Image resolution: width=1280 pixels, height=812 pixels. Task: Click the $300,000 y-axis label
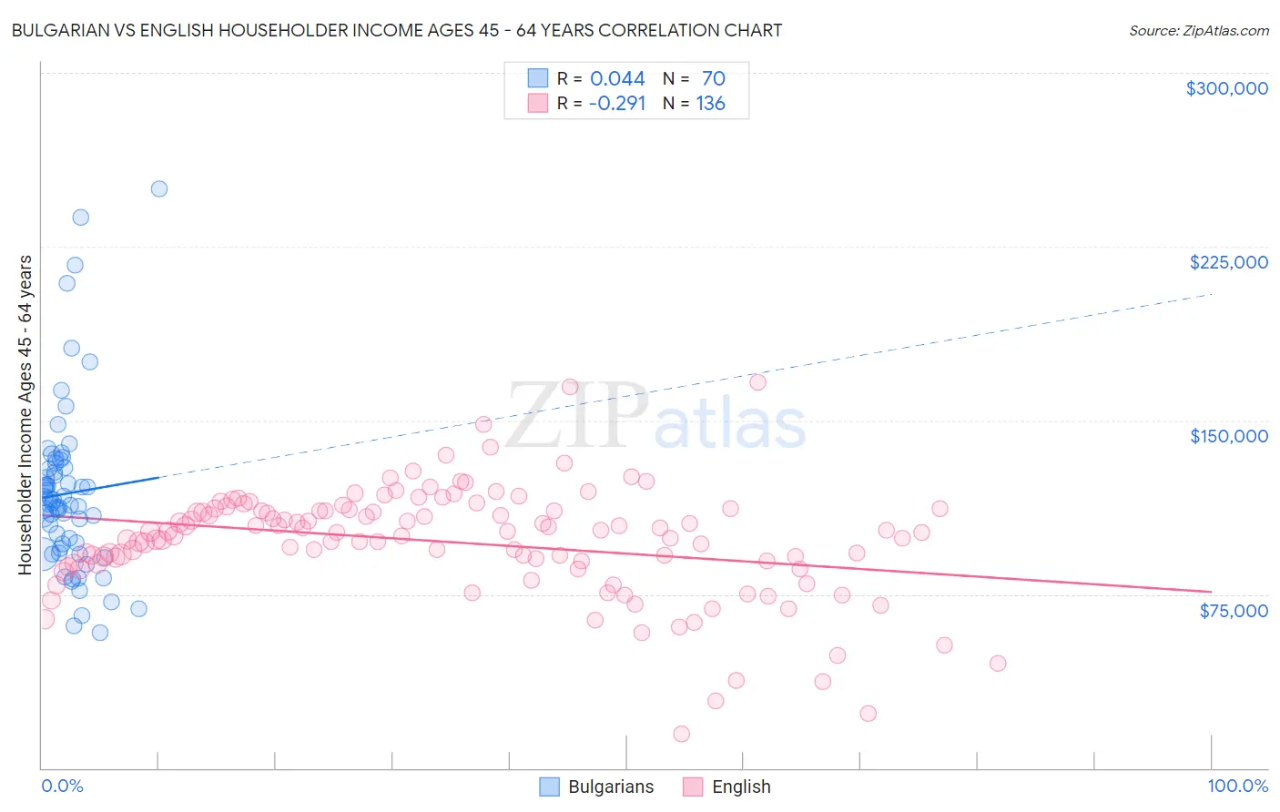1226,88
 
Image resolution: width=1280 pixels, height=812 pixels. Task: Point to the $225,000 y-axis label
1228,262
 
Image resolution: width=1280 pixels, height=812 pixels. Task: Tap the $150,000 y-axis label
1228,436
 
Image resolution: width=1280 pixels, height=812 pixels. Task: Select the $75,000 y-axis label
1234,611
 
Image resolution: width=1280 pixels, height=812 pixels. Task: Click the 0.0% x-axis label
62,787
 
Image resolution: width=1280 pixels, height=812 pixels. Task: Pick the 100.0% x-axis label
1237,787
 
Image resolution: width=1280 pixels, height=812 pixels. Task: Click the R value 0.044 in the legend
617,79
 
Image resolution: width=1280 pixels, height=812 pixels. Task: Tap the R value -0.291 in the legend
617,104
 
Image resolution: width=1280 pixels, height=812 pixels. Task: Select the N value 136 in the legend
711,104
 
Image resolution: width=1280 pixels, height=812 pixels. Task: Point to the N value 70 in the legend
714,79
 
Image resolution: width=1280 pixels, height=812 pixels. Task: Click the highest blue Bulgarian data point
159,189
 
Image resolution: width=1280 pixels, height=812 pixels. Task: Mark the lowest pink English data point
681,734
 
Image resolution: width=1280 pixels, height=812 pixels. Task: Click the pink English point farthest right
998,664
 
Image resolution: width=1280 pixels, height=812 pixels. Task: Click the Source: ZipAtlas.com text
1198,31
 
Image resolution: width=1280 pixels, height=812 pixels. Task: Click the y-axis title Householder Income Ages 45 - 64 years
25,414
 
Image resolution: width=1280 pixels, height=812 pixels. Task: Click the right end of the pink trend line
1211,592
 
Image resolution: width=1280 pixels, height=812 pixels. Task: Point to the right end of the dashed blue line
1211,294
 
